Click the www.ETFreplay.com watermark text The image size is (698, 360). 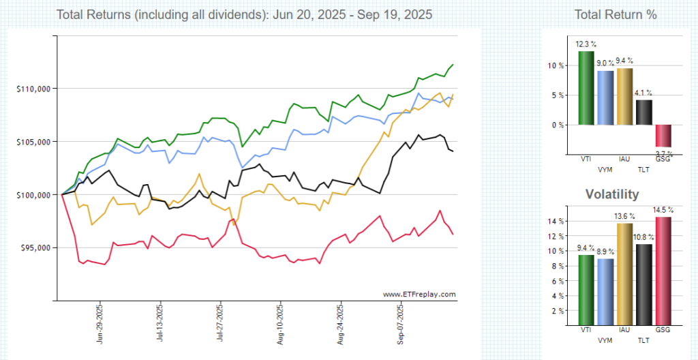pos(419,295)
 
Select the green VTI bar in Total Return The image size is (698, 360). pos(586,88)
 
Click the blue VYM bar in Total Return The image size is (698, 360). pos(605,97)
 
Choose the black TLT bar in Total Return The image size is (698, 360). pos(643,112)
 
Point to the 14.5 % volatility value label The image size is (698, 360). pos(661,210)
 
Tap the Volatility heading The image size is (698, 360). pos(612,194)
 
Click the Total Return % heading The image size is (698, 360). pos(616,14)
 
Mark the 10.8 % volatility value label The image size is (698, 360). pos(643,237)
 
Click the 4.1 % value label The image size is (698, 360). pos(643,93)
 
